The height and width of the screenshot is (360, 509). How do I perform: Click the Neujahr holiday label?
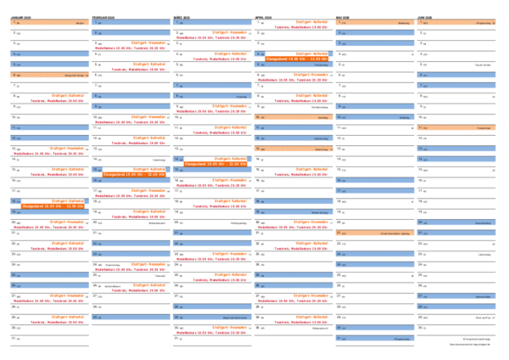coord(80,23)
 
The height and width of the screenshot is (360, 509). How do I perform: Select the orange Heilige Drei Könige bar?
coord(50,76)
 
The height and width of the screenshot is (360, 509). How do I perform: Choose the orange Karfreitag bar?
coord(293,117)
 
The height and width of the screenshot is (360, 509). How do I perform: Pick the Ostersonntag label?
coord(321,138)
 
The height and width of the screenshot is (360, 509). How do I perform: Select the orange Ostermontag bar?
coord(293,149)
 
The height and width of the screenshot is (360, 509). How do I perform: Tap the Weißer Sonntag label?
coord(320,212)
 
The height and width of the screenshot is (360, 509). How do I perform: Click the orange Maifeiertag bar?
coord(374,23)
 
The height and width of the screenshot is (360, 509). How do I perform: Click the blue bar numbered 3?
coord(374,44)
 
